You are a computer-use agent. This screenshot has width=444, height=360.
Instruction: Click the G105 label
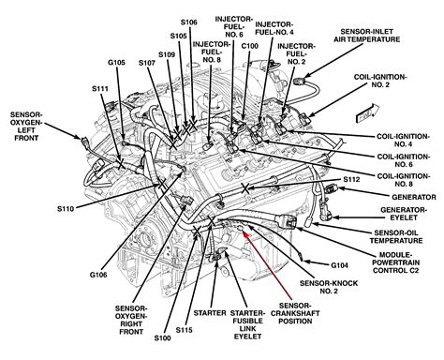[x=116, y=63]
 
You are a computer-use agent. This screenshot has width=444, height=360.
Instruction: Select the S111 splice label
[x=100, y=89]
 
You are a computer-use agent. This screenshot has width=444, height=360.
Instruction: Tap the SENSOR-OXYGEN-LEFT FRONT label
[x=26, y=127]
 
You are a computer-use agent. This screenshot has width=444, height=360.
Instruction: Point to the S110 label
[x=66, y=208]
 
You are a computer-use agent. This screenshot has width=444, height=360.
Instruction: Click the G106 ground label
[x=98, y=275]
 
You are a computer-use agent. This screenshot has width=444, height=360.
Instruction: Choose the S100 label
[x=162, y=337]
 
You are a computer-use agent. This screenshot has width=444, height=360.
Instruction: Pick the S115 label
[x=184, y=330]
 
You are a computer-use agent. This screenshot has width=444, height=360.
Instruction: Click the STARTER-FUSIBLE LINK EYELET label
[x=247, y=324]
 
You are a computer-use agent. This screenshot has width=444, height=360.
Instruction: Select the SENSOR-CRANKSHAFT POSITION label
[x=295, y=313]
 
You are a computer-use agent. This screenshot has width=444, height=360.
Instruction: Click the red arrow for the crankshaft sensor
[x=267, y=265]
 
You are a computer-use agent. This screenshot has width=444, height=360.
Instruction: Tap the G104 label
[x=339, y=265]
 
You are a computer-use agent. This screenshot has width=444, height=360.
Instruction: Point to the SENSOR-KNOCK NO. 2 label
[x=329, y=287]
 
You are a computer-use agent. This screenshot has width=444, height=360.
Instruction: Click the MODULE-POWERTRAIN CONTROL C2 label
[x=395, y=262]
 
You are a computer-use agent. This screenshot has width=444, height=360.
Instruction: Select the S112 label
[x=351, y=179]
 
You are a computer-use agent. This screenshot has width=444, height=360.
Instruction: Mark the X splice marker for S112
[x=245, y=188]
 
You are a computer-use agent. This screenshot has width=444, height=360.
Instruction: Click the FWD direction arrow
[x=368, y=112]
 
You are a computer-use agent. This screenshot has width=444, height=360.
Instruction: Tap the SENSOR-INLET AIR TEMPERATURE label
[x=366, y=36]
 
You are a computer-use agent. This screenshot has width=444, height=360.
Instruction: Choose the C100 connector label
[x=250, y=46]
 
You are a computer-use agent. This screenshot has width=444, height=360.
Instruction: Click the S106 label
[x=189, y=22]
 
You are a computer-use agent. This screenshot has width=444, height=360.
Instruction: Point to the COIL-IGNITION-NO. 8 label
[x=404, y=180]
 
